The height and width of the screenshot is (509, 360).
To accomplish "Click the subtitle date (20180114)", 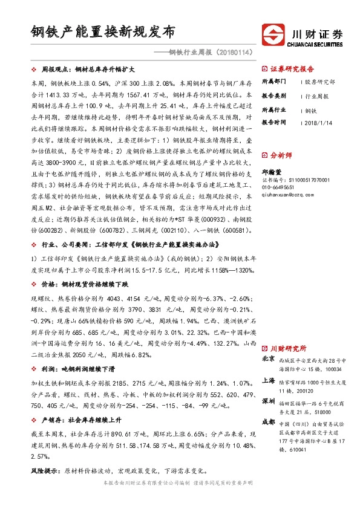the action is (232, 53).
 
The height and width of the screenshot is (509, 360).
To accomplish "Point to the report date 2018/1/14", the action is (317, 122).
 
